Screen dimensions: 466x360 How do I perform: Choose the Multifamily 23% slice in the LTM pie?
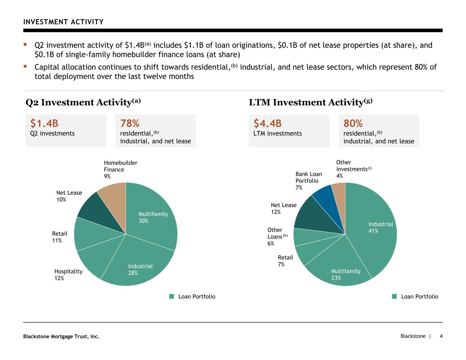click(x=339, y=268)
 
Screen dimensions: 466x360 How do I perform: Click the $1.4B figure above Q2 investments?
click(x=44, y=123)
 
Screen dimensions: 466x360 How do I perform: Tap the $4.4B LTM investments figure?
click(x=268, y=123)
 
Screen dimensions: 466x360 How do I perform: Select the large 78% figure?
click(x=130, y=123)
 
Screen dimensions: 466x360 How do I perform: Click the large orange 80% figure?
click(x=353, y=123)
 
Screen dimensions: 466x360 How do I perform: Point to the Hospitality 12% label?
click(x=68, y=275)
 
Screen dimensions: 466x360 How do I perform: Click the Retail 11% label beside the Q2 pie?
click(x=60, y=237)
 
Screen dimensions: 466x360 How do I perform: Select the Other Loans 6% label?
click(x=278, y=236)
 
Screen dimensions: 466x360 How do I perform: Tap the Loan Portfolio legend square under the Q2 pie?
click(x=172, y=296)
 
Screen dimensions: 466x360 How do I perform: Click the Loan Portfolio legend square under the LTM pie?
click(x=394, y=296)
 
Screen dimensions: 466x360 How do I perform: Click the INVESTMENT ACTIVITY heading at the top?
click(x=63, y=22)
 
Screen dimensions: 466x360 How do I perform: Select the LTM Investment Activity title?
click(x=311, y=102)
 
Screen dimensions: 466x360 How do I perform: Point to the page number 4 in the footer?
click(x=441, y=336)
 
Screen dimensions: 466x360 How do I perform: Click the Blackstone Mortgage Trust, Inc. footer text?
click(x=61, y=336)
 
